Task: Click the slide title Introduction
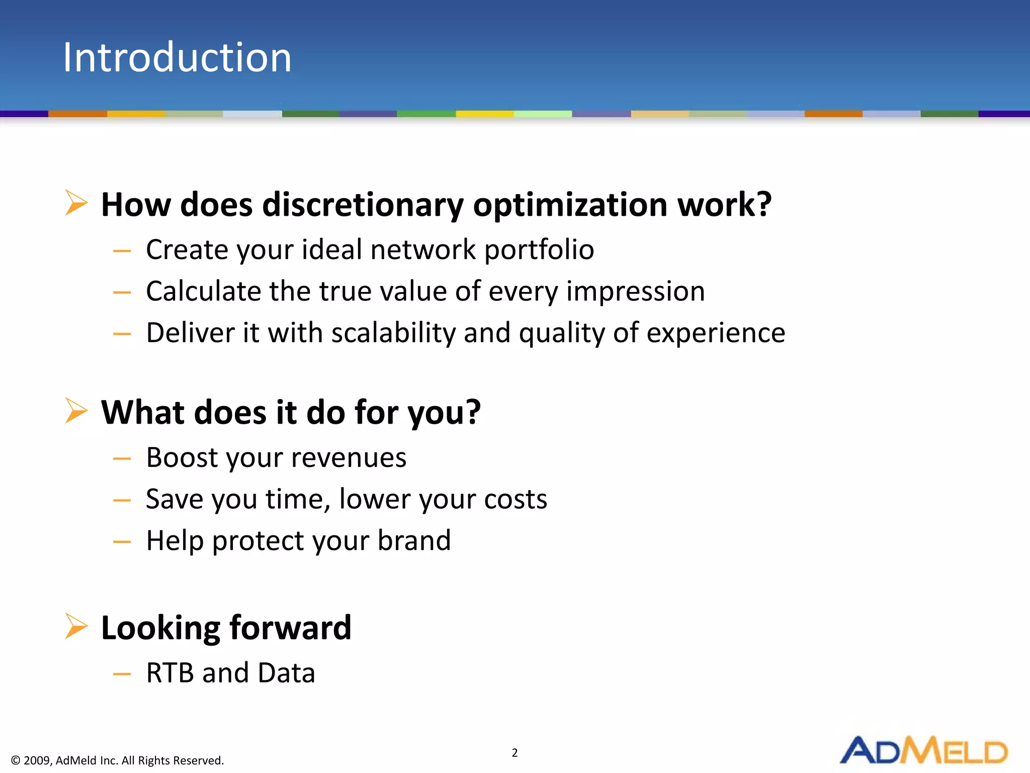[177, 57]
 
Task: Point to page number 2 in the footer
[514, 753]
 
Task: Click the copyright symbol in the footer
[16, 760]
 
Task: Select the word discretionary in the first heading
[363, 205]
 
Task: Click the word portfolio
[539, 250]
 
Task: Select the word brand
[414, 541]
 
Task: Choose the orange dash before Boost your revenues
[122, 459]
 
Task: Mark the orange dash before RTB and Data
[122, 674]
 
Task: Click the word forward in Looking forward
[290, 629]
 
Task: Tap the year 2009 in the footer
[37, 760]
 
